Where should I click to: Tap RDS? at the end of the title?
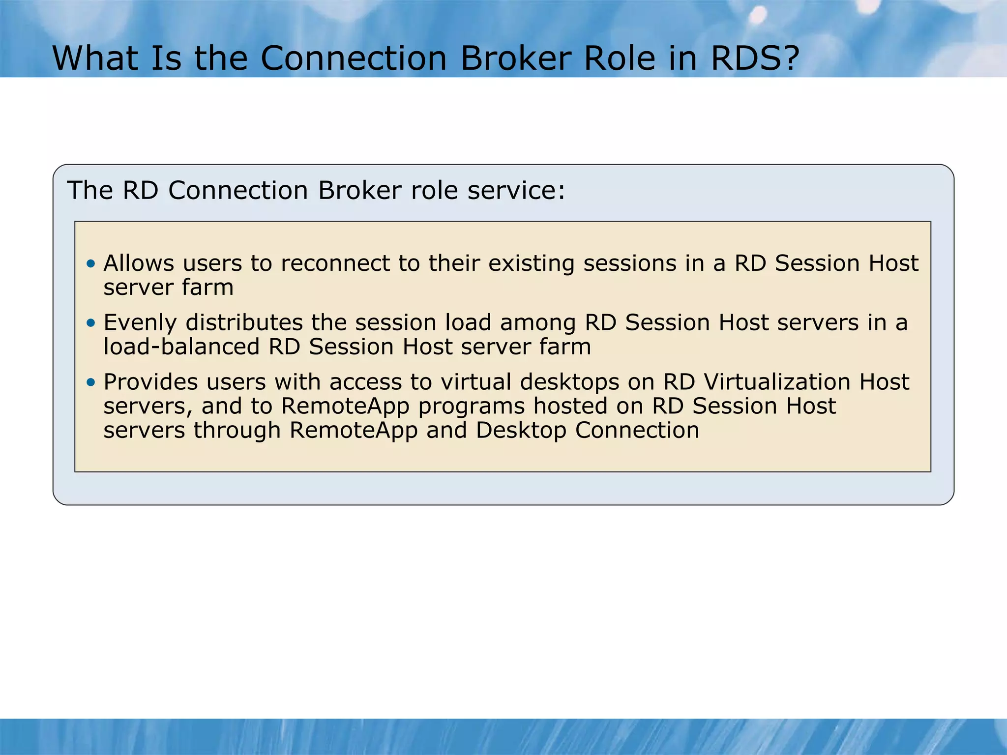pyautogui.click(x=755, y=58)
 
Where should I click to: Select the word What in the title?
pyautogui.click(x=96, y=58)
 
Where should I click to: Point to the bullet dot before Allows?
pyautogui.click(x=90, y=264)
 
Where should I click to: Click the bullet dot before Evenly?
pyautogui.click(x=90, y=323)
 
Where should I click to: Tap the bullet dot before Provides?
pyautogui.click(x=90, y=382)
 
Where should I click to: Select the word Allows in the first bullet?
pyautogui.click(x=139, y=263)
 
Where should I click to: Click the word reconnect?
pyautogui.click(x=335, y=263)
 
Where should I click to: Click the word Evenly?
pyautogui.click(x=140, y=323)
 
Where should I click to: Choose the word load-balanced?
pyautogui.click(x=181, y=347)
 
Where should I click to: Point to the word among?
pyautogui.click(x=538, y=323)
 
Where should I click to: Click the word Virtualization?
pyautogui.click(x=777, y=382)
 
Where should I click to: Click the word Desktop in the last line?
pyautogui.click(x=521, y=431)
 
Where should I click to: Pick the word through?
pyautogui.click(x=237, y=431)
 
